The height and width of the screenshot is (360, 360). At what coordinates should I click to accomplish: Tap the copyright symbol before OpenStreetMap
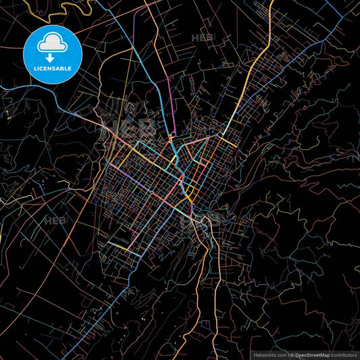pyautogui.click(x=290, y=355)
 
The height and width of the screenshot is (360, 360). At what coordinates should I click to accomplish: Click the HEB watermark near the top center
pyautogui.click(x=201, y=38)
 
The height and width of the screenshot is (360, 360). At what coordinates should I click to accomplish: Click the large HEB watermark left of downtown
pyautogui.click(x=128, y=127)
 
